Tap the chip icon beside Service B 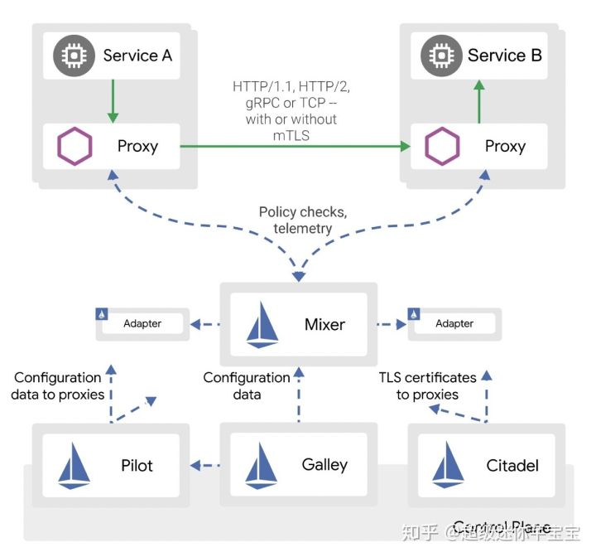click(441, 56)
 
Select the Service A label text click(137, 56)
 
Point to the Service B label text click(504, 56)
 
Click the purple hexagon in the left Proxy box click(74, 147)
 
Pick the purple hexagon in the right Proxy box click(442, 147)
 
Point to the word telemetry click(302, 228)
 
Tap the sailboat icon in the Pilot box click(74, 466)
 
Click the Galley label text click(324, 466)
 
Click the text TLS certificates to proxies click(427, 385)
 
